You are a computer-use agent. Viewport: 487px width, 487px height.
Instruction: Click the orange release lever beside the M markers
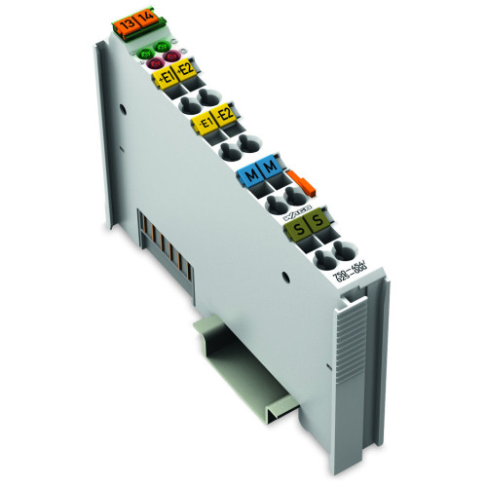296,183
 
